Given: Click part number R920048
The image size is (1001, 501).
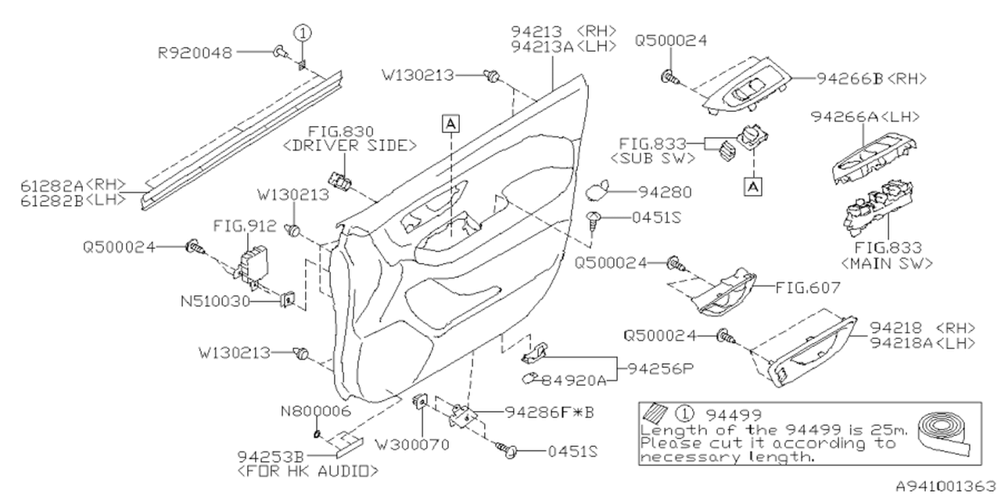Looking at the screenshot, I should (195, 52).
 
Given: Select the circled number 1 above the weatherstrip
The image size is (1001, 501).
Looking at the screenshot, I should (303, 33).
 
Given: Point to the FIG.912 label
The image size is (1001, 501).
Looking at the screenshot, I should (245, 227).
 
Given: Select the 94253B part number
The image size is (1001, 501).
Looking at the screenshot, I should (273, 456).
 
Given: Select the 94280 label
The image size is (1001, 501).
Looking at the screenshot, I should (664, 190).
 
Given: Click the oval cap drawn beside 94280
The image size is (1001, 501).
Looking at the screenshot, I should (601, 189).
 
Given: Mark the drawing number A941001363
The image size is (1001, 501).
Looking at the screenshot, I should (945, 486).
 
